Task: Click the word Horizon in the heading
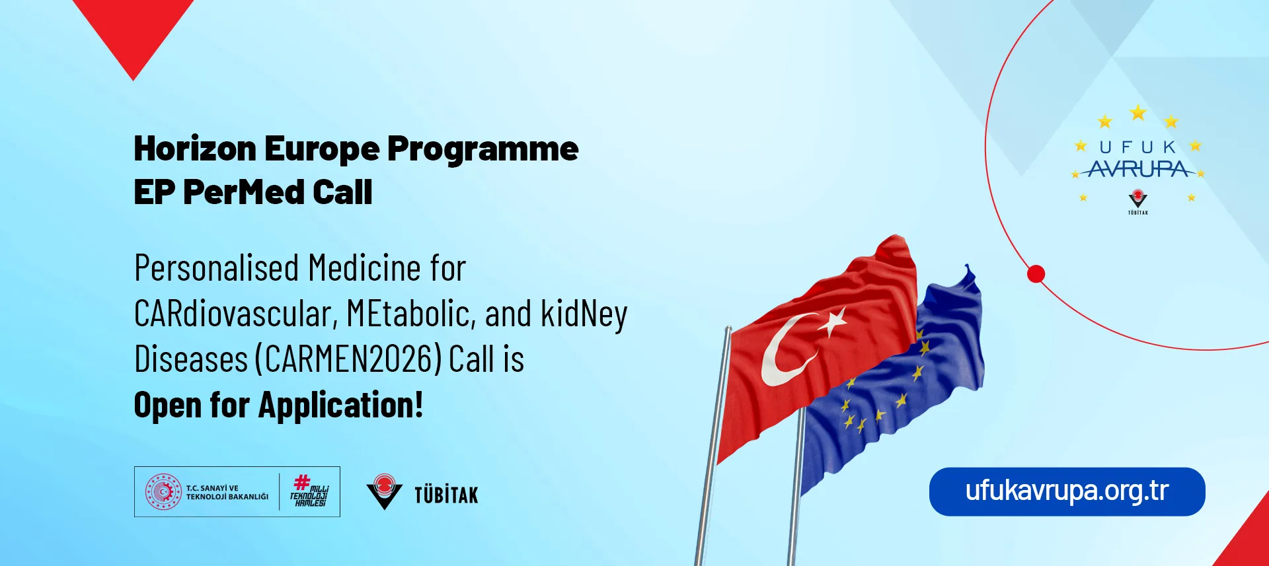(195, 149)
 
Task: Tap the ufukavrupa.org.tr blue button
(1067, 491)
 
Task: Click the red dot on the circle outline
(1036, 273)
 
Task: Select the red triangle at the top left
(134, 30)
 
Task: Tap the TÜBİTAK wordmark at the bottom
(446, 494)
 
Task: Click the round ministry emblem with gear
(163, 491)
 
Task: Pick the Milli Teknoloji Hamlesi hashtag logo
(309, 491)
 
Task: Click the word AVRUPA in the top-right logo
(1137, 170)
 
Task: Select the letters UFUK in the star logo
(1137, 147)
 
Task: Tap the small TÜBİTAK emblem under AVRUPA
(1137, 200)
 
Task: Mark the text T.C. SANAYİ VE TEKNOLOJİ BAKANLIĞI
(227, 492)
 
